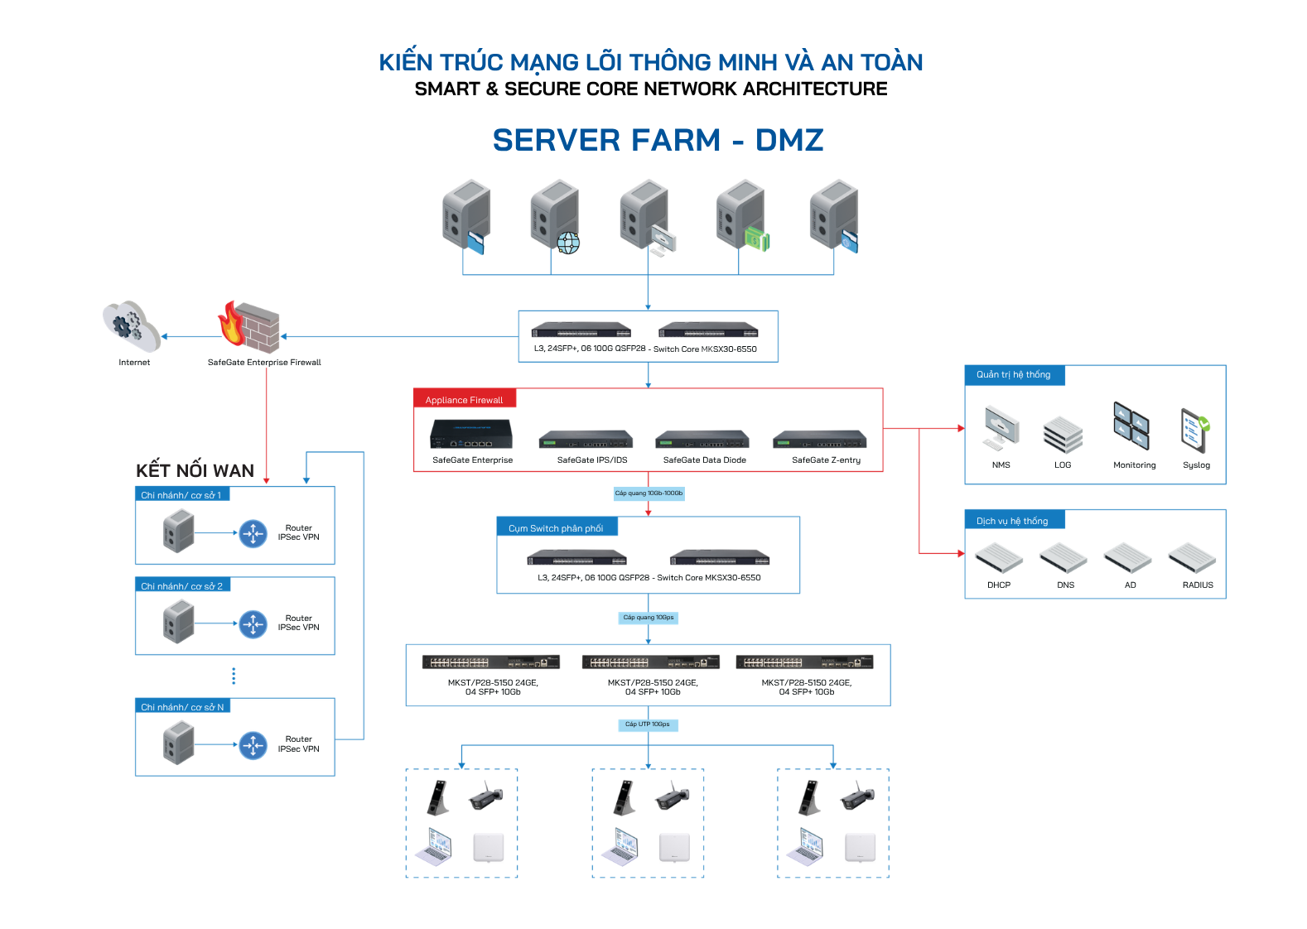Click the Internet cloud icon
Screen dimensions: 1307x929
[x=132, y=326]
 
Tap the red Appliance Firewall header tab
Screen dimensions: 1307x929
[x=465, y=399]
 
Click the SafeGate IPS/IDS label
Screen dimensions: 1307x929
[x=592, y=460]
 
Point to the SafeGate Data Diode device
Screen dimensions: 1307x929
[x=702, y=439]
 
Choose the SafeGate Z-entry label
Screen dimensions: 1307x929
[x=827, y=460]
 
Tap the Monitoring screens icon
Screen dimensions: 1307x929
[x=1131, y=426]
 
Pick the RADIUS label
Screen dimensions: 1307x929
[x=1198, y=585]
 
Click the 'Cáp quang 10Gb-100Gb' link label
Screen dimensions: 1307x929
[x=649, y=493]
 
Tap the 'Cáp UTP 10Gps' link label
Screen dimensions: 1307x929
[x=648, y=724]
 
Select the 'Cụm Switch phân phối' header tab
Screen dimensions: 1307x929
[x=557, y=527]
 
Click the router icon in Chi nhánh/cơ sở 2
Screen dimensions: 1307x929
[x=253, y=624]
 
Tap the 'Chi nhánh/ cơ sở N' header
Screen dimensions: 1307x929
[x=182, y=706]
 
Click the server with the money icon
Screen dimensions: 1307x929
[x=741, y=216]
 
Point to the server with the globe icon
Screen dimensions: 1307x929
[x=555, y=217]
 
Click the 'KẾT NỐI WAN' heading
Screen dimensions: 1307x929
[x=195, y=470]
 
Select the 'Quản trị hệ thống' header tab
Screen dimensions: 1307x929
[x=1014, y=375]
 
